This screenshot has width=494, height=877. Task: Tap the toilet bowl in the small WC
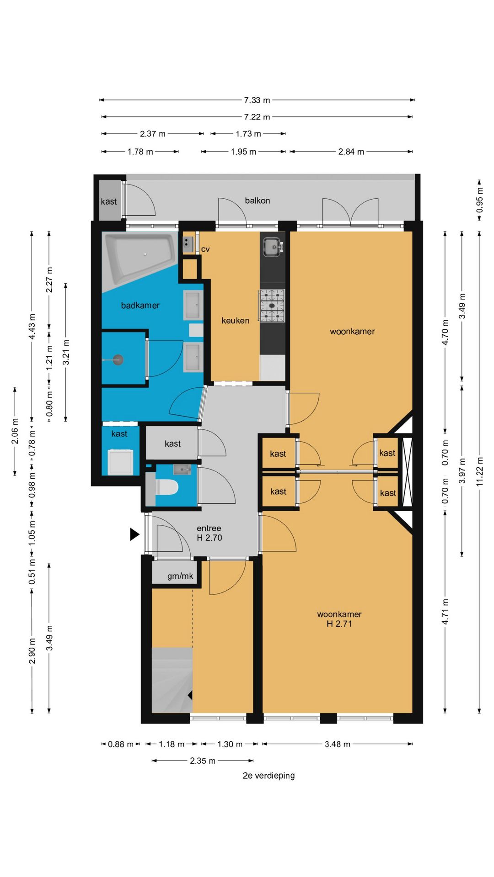[166, 487]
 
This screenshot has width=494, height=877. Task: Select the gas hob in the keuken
[272, 305]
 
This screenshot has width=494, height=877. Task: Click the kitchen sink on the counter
[273, 247]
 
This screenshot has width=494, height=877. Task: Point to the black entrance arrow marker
[134, 534]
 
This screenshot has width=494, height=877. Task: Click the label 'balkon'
[257, 201]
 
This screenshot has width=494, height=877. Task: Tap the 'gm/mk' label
[180, 576]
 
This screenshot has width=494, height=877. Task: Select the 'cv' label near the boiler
[205, 249]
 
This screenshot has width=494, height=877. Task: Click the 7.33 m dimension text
[257, 100]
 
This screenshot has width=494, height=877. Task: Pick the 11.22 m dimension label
[479, 471]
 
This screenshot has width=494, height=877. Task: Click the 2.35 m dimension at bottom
[202, 761]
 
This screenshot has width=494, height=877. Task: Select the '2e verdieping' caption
[268, 776]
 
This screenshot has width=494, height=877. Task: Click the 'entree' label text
[209, 528]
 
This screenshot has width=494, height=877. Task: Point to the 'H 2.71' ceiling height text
[339, 624]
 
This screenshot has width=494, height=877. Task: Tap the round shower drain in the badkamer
[118, 360]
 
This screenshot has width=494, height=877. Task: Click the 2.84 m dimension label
[351, 152]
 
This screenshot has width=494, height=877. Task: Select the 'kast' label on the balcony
[108, 201]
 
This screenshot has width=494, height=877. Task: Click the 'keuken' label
[235, 321]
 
